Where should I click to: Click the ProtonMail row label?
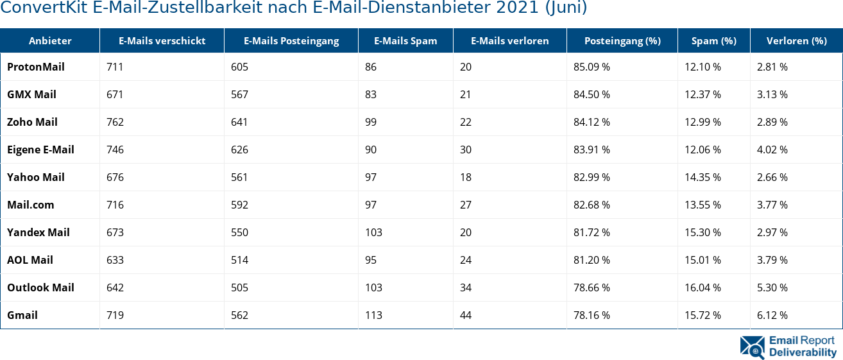click(36, 67)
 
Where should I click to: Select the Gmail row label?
click(22, 315)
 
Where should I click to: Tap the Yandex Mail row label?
click(38, 232)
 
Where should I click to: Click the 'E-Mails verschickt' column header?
click(162, 40)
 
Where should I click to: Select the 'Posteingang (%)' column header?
click(622, 40)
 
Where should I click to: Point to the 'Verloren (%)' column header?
click(796, 40)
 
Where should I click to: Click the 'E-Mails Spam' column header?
click(405, 40)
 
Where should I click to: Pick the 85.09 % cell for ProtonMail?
click(592, 67)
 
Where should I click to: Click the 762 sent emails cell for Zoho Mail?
click(115, 122)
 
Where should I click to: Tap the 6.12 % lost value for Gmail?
click(772, 315)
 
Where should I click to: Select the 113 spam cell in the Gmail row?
click(373, 315)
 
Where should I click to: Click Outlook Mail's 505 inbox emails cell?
click(239, 287)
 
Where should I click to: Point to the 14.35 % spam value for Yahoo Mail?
click(702, 177)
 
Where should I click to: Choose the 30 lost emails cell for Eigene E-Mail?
click(465, 150)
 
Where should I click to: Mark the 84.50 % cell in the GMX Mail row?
click(592, 94)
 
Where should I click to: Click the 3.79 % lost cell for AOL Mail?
click(772, 260)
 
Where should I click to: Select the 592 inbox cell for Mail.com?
click(239, 205)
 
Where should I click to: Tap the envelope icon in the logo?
click(752, 347)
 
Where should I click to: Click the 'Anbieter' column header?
click(50, 40)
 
